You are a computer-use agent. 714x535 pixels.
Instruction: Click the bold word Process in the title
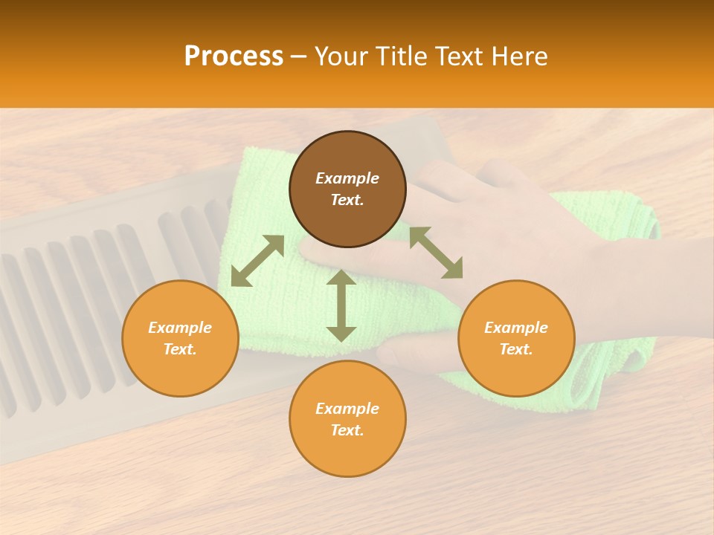click(234, 56)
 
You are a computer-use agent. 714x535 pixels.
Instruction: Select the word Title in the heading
click(401, 56)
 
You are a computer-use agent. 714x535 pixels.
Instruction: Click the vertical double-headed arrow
click(341, 305)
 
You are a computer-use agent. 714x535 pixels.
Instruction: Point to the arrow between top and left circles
click(257, 261)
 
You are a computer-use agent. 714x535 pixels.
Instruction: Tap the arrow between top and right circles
click(436, 253)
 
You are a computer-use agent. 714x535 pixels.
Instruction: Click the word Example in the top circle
click(347, 178)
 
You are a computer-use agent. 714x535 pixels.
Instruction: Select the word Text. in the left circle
click(180, 349)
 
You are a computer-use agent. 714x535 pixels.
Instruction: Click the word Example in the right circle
click(516, 328)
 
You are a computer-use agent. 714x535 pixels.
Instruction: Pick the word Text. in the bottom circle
click(347, 430)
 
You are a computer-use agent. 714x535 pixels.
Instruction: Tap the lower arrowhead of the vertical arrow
click(341, 334)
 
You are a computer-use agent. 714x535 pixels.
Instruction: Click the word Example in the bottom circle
click(347, 409)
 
